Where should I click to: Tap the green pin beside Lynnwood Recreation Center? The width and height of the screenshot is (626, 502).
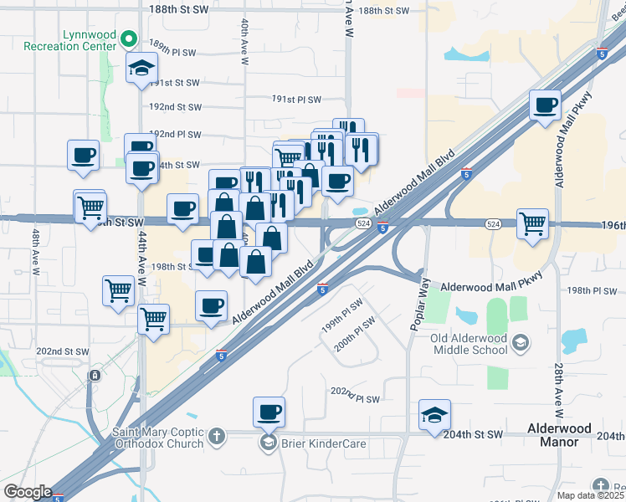pyautogui.click(x=128, y=39)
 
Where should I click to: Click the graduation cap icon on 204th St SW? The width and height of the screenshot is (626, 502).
pyautogui.click(x=434, y=416)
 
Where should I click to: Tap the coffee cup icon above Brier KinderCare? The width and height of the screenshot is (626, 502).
pyautogui.click(x=269, y=412)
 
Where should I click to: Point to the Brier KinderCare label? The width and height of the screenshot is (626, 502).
pyautogui.click(x=323, y=443)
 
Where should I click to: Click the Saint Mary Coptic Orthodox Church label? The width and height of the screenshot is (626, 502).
pyautogui.click(x=157, y=438)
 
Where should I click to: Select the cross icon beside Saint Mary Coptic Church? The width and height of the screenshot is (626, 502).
pyautogui.click(x=216, y=436)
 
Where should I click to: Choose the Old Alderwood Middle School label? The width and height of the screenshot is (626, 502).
pyautogui.click(x=470, y=344)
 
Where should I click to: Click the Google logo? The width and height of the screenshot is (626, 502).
pyautogui.click(x=28, y=492)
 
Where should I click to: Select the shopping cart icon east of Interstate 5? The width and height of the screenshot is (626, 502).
pyautogui.click(x=532, y=223)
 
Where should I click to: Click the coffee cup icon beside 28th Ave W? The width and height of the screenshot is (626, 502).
pyautogui.click(x=546, y=105)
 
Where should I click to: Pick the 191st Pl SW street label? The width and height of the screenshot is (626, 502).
pyautogui.click(x=296, y=100)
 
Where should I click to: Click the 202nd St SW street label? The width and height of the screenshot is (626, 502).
pyautogui.click(x=64, y=352)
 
